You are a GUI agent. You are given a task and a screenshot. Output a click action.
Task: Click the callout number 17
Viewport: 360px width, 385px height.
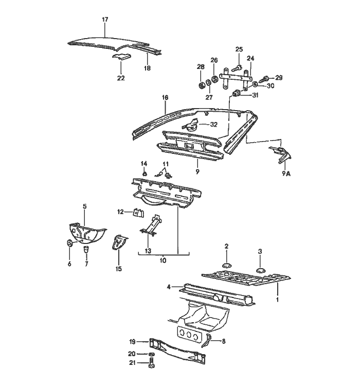coord(105,20)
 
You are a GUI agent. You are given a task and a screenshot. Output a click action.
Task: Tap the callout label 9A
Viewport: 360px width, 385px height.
coord(285,173)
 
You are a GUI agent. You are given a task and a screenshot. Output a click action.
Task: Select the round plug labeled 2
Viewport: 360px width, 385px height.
coord(226,265)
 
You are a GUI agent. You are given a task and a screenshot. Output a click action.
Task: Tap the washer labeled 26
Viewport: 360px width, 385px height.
coord(214,80)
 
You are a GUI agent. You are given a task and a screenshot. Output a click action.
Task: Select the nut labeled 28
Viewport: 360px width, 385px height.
coord(200,84)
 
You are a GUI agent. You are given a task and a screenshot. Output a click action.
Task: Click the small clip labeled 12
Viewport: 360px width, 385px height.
coord(138,212)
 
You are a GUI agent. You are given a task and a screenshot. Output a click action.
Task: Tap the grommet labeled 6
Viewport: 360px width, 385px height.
coord(69,243)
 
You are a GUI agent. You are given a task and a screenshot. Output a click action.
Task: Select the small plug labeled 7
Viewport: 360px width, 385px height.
coord(86,249)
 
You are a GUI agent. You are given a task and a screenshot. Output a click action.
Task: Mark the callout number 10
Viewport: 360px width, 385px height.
coord(163,261)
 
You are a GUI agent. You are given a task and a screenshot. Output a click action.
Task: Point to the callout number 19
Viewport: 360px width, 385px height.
coord(132,341)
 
